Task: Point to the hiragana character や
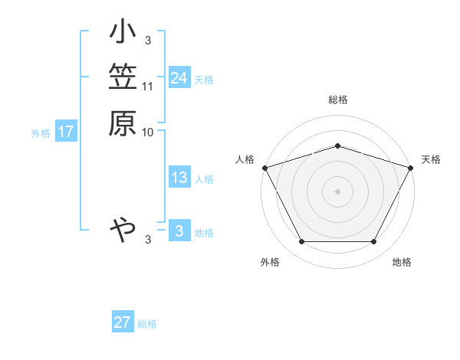pyautogui.click(x=123, y=228)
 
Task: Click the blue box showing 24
pyautogui.click(x=179, y=78)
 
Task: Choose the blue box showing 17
pyautogui.click(x=66, y=132)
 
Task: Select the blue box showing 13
pyautogui.click(x=179, y=178)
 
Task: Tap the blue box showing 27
pyautogui.click(x=123, y=322)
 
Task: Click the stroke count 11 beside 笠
pyautogui.click(x=148, y=86)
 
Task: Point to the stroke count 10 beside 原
pyautogui.click(x=148, y=132)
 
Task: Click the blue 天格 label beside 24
pyautogui.click(x=204, y=80)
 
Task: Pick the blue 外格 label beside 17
pyautogui.click(x=41, y=133)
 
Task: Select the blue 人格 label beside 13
pyautogui.click(x=204, y=179)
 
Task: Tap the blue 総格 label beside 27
pyautogui.click(x=147, y=324)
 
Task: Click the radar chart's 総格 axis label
pyautogui.click(x=338, y=100)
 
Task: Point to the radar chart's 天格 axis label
pyautogui.click(x=431, y=159)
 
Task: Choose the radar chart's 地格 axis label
pyautogui.click(x=402, y=263)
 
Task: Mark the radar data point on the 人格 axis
pyautogui.click(x=264, y=168)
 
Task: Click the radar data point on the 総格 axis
pyautogui.click(x=338, y=146)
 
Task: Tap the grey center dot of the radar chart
pyautogui.click(x=338, y=191)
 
